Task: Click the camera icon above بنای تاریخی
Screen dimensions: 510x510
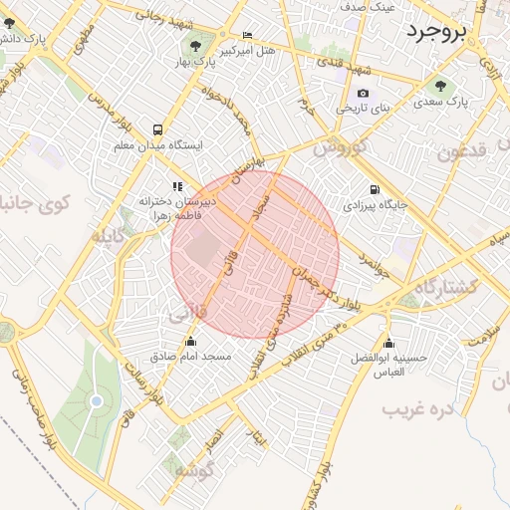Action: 363,94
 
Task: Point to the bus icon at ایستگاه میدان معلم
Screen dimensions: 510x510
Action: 157,129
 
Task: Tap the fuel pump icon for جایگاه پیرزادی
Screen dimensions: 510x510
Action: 375,189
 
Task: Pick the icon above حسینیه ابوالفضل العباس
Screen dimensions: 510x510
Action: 387,342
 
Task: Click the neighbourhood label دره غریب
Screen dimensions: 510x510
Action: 418,409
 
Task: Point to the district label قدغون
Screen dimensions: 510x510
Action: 463,151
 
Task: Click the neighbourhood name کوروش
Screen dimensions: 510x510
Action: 342,146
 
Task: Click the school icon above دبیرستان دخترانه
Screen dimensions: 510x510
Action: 177,185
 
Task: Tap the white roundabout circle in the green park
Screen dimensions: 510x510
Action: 97,401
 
